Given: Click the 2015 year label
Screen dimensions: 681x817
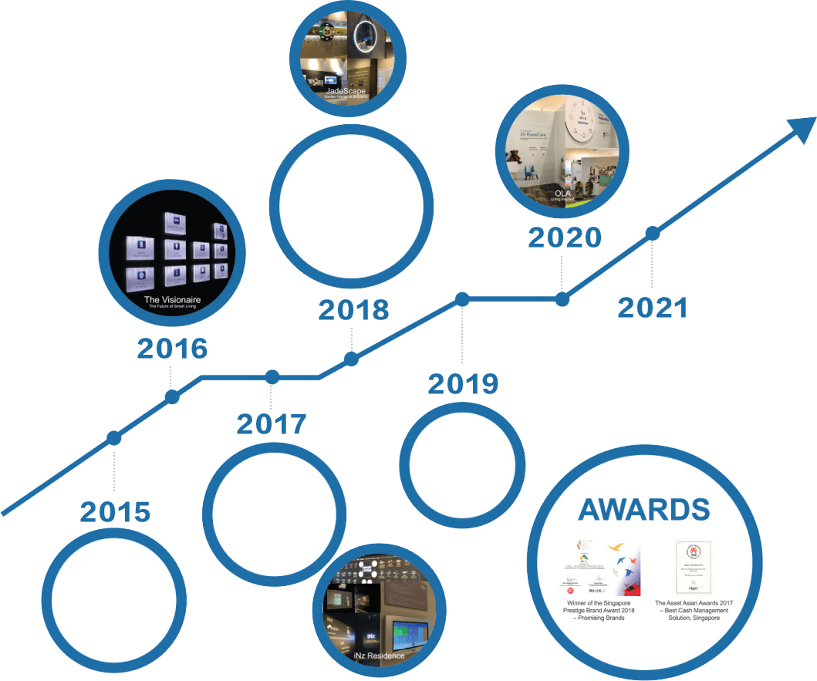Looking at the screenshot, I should tap(115, 512).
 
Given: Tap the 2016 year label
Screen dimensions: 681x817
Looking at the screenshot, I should tap(173, 349).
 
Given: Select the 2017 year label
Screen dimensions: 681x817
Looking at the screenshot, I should tap(271, 424).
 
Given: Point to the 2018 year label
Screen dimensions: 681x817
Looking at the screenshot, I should tap(353, 310).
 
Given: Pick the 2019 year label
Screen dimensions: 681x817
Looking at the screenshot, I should tap(463, 383).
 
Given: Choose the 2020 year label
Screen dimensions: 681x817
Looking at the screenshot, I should tap(564, 238).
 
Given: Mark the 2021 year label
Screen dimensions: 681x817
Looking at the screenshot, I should tap(652, 308).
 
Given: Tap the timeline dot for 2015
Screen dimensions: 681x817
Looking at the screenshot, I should tap(114, 437).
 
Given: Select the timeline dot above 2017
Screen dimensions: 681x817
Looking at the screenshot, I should tap(272, 377).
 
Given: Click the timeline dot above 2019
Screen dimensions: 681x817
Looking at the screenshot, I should tap(462, 299).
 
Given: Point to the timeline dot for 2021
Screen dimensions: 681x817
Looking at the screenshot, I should tap(653, 232).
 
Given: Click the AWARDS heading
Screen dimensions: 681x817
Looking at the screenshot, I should tap(643, 510).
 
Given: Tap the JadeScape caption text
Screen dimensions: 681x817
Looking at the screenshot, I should tap(346, 91).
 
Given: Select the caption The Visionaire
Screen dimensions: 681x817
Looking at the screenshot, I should tap(173, 298).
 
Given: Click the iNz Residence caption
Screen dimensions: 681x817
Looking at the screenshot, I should tap(378, 656).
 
